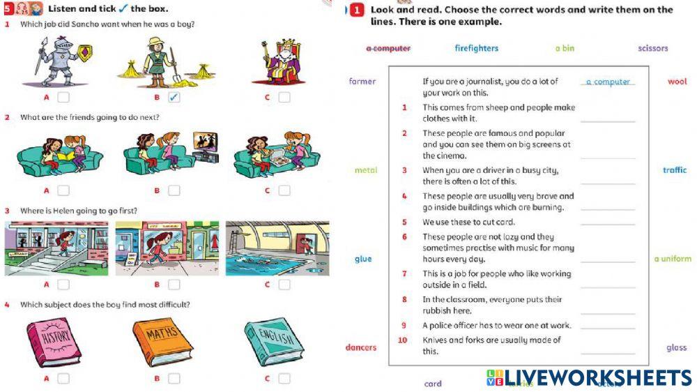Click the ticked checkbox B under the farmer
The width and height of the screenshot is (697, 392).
(x=174, y=97)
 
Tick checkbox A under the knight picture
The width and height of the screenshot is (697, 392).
(x=63, y=97)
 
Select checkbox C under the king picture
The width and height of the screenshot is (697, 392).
(x=284, y=97)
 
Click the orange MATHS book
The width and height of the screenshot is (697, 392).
(x=164, y=340)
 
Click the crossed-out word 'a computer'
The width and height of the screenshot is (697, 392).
(x=388, y=48)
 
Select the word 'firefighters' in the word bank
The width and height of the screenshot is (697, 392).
(x=477, y=48)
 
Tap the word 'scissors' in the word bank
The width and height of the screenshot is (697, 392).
(x=652, y=48)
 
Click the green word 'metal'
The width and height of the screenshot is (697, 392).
(x=366, y=170)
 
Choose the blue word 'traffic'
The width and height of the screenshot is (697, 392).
(x=674, y=170)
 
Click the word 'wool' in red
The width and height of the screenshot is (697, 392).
(x=677, y=82)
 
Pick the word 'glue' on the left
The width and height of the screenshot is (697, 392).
(x=363, y=259)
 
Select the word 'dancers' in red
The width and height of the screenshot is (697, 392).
(x=361, y=347)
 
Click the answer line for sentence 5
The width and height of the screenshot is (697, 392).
(x=608, y=223)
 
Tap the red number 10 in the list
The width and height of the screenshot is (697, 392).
(x=402, y=340)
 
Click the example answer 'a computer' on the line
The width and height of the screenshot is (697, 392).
(x=608, y=82)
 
